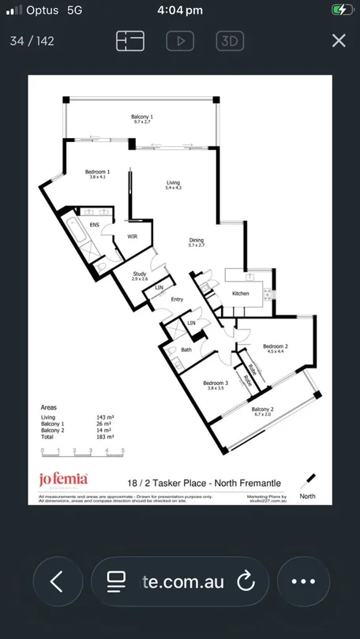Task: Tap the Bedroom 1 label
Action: (98, 172)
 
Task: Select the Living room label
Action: (173, 182)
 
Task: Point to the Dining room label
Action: (197, 241)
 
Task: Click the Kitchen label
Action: (240, 293)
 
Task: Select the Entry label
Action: (177, 299)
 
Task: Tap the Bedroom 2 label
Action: (275, 346)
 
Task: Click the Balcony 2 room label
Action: (262, 409)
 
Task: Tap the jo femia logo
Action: (63, 478)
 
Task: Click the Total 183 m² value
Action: (107, 435)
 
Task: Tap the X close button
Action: (339, 41)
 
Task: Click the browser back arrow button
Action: (57, 582)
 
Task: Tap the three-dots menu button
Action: (303, 582)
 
